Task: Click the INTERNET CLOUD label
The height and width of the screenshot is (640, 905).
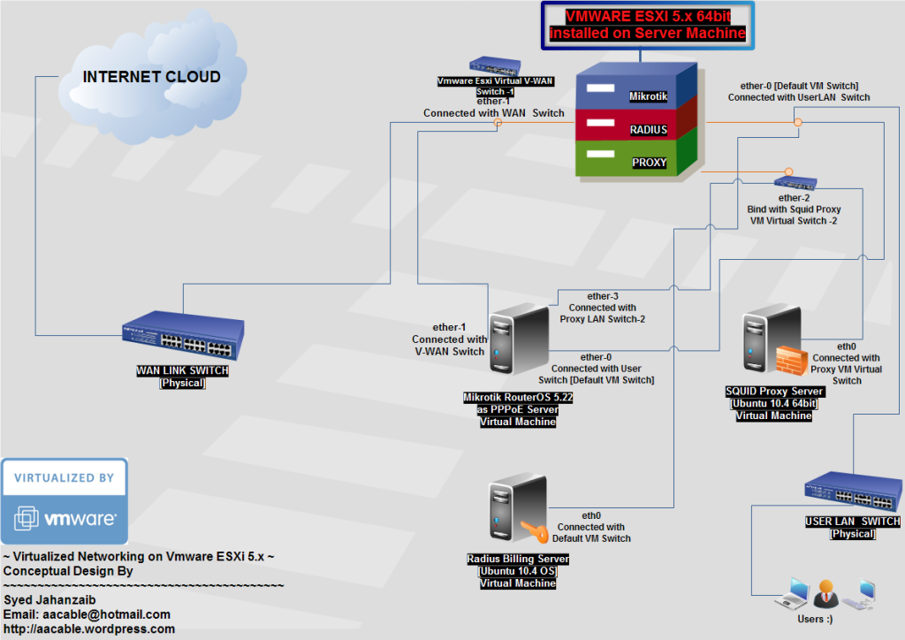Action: click(x=151, y=77)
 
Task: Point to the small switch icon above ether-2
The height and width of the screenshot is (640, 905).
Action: click(x=800, y=183)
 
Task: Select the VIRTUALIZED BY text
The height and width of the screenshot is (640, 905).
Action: click(x=64, y=477)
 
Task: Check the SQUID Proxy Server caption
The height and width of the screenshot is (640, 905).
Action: click(x=774, y=392)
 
